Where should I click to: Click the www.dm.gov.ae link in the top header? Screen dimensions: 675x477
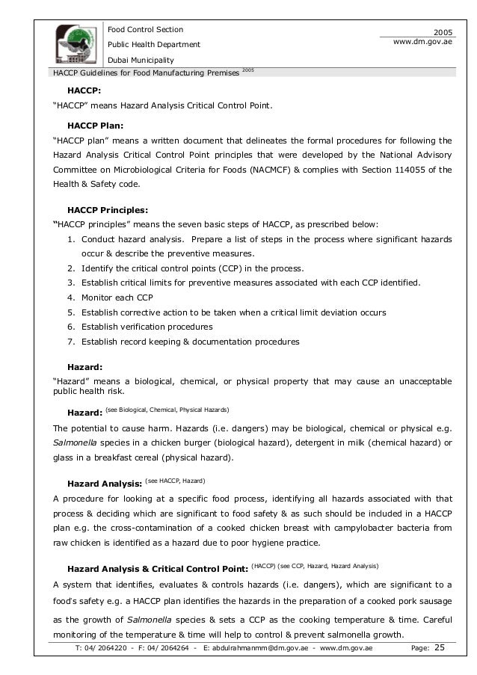click(424, 43)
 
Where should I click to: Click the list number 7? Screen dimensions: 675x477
click(70, 342)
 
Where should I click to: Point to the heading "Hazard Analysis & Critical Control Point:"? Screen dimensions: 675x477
click(158, 567)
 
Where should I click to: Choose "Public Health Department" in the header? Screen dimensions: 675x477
click(155, 44)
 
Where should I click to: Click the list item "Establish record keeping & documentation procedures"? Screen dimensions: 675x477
click(190, 342)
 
